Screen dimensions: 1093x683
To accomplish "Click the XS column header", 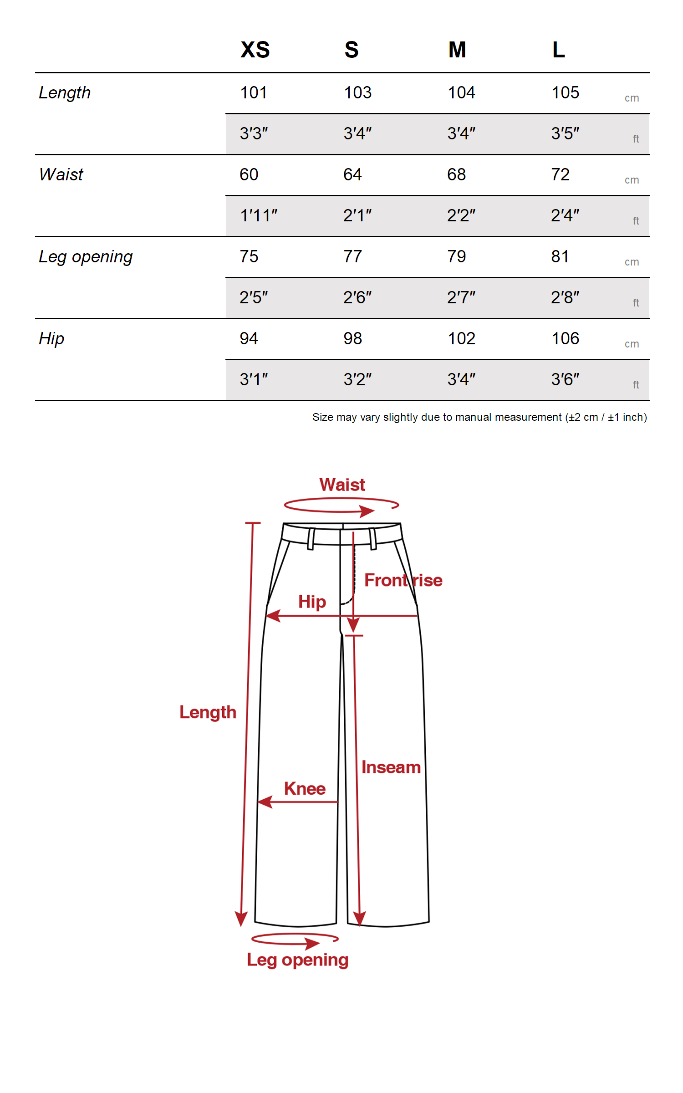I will click(255, 50).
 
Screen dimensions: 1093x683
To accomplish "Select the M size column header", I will click(457, 50).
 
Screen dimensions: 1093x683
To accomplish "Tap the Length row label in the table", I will click(65, 93).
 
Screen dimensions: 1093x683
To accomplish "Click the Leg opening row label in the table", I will click(86, 257).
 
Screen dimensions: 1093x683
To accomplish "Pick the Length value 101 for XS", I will click(254, 93).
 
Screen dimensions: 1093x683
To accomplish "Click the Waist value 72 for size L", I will click(560, 175).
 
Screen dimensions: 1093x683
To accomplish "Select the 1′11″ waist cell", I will click(259, 215).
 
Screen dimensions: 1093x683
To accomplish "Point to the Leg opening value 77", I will click(352, 257).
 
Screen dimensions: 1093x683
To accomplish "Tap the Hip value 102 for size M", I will click(461, 339).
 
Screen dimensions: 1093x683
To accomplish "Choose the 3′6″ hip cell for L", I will click(565, 379).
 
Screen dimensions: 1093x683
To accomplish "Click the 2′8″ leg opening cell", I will click(565, 297).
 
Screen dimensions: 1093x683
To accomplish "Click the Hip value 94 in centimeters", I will click(249, 339).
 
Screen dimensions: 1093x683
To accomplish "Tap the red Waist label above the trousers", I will click(342, 485).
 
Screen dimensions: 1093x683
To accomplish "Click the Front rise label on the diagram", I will click(403, 580).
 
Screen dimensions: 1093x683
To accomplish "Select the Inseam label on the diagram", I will click(391, 767).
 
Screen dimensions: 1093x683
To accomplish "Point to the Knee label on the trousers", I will click(305, 788).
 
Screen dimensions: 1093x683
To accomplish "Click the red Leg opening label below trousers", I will click(298, 960).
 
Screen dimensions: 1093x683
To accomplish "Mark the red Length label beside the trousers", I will click(208, 712).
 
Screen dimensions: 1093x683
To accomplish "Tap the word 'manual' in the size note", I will click(473, 417).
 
